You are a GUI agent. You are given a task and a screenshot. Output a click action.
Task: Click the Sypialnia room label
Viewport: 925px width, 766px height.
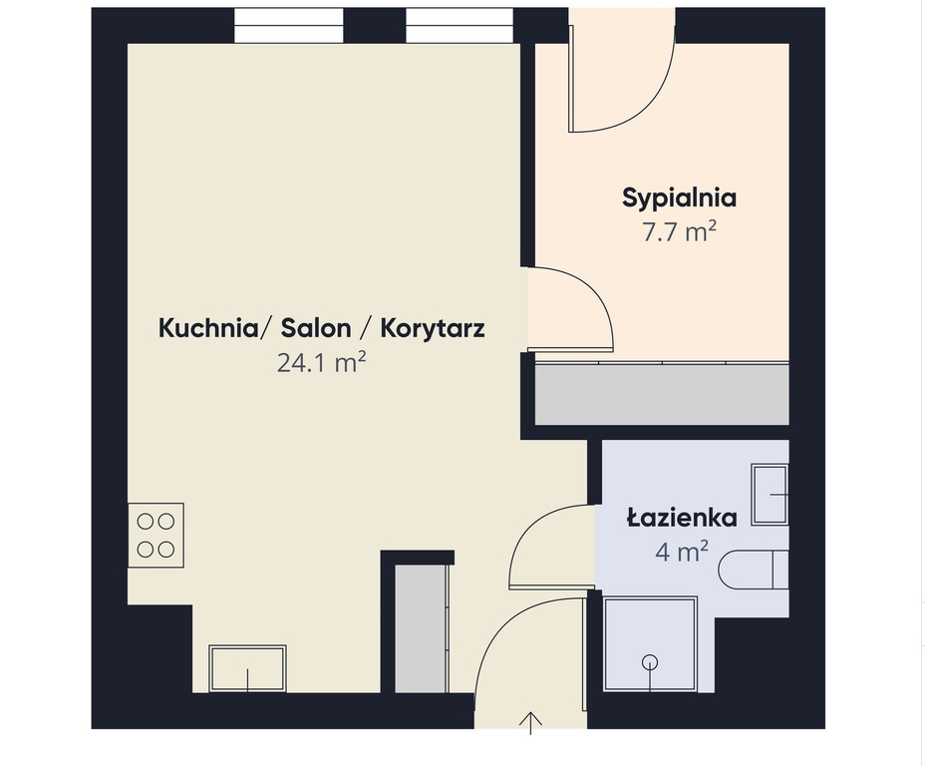(679, 197)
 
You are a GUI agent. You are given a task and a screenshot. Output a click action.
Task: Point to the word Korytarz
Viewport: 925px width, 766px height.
(435, 328)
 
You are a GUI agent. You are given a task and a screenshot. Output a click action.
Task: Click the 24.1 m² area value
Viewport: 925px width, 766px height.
(321, 364)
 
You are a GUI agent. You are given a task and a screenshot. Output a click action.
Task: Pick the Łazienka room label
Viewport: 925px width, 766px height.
(682, 518)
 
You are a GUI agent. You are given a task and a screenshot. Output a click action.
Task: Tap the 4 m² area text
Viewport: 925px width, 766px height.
(682, 552)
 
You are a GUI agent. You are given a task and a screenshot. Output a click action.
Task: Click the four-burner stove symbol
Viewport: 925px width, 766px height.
(155, 535)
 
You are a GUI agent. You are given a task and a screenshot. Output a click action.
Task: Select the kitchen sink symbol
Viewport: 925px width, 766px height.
(247, 668)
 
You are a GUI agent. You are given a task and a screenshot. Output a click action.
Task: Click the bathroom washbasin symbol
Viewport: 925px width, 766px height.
(770, 494)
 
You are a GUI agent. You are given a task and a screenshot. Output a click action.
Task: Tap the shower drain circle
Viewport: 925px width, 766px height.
(651, 661)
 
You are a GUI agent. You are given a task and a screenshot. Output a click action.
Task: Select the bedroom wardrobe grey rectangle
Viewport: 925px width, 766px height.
(662, 394)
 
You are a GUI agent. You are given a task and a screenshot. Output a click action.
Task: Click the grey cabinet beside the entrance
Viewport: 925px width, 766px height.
(420, 628)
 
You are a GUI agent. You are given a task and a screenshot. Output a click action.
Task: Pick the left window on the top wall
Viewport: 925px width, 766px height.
(289, 26)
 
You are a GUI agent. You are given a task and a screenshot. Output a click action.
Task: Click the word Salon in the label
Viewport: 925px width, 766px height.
(316, 328)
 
